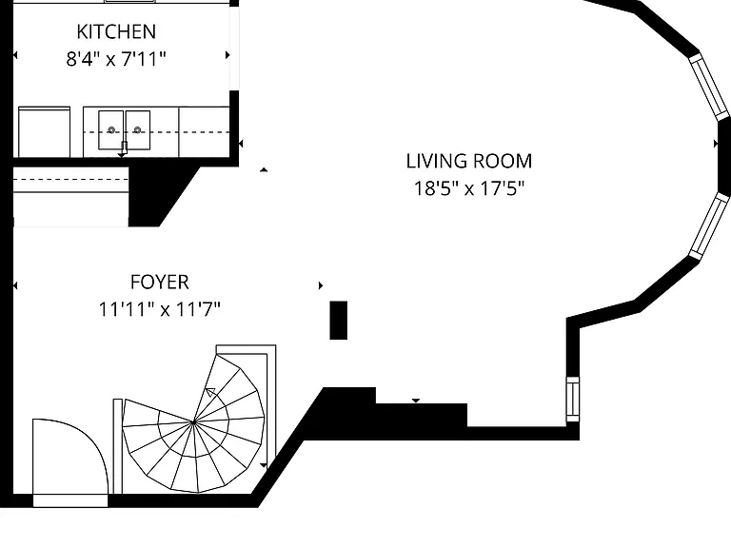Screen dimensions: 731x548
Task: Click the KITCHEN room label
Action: tap(116, 31)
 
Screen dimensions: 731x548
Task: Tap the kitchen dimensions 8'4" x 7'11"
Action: tap(116, 59)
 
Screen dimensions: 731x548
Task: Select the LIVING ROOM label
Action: tap(469, 161)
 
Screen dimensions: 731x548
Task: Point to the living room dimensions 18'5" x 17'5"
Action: tap(469, 188)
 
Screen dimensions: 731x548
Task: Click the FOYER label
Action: tap(160, 282)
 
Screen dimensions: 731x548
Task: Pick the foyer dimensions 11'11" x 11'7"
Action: tap(160, 309)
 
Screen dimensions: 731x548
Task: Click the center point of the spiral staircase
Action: tap(193, 422)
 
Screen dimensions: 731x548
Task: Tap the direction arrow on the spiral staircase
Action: tap(210, 392)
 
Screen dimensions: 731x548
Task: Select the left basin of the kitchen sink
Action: tap(111, 130)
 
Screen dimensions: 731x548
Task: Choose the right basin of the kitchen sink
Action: tap(137, 130)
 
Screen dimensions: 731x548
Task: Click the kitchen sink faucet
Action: tap(124, 148)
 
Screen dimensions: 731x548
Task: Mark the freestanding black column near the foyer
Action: tap(339, 320)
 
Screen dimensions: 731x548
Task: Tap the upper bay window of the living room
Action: tap(708, 87)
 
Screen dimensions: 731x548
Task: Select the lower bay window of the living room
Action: tap(708, 226)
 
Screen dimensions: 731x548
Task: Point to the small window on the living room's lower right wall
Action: tap(573, 400)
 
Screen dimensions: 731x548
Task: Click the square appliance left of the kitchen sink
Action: tap(45, 132)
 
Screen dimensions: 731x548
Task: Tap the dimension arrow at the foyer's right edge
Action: tap(321, 285)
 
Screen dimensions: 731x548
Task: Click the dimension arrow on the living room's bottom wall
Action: tap(416, 401)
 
